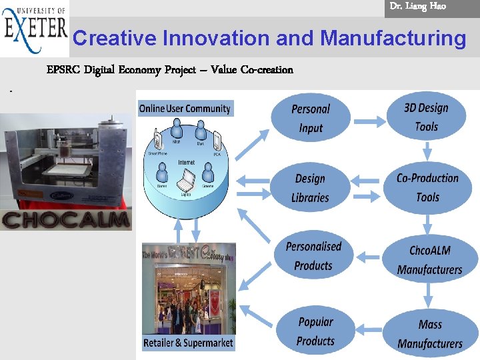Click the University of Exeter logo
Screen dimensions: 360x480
tap(35, 29)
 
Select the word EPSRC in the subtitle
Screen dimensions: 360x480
tap(63, 70)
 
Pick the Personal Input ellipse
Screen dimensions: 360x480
tap(311, 118)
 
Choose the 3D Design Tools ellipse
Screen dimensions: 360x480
tap(426, 117)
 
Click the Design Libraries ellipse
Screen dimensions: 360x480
tap(311, 188)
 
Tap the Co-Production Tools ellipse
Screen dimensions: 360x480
tap(427, 187)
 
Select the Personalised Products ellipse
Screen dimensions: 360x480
tap(313, 256)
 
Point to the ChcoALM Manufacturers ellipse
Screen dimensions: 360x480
tap(430, 260)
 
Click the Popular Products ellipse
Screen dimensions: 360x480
tap(315, 331)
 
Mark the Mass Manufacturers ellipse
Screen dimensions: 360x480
tap(430, 333)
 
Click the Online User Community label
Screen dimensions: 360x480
tap(185, 109)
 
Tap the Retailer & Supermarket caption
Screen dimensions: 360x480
tap(189, 343)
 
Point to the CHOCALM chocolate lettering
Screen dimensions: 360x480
tap(65, 220)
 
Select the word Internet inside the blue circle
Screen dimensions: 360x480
tap(187, 163)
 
